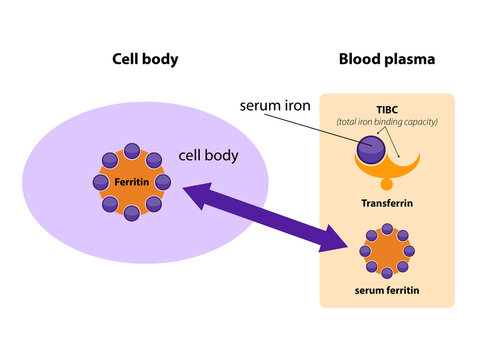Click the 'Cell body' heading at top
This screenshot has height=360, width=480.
point(144,59)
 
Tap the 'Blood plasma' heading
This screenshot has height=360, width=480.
point(386,59)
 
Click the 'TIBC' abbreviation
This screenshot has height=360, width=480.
point(387,109)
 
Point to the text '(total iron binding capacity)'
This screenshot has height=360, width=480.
point(387,122)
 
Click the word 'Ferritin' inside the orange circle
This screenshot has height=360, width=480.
point(132,183)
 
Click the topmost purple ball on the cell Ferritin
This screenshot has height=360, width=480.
point(132,150)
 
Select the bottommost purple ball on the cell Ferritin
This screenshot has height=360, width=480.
point(132,214)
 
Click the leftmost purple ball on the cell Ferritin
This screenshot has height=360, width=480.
point(100,182)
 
